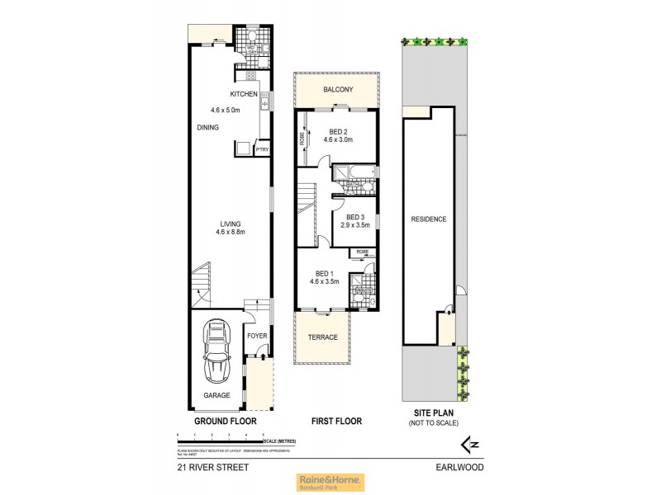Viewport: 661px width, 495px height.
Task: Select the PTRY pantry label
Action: click(262, 149)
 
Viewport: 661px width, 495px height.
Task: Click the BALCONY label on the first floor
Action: click(337, 89)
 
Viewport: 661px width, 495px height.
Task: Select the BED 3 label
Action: click(356, 217)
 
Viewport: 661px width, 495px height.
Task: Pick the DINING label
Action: click(208, 127)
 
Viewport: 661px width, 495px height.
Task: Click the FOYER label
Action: click(257, 336)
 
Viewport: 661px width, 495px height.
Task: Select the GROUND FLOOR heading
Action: click(226, 421)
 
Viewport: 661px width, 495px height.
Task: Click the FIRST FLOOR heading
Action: click(336, 421)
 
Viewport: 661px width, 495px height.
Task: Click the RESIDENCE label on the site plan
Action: click(429, 219)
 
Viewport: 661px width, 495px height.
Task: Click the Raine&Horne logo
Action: click(330, 482)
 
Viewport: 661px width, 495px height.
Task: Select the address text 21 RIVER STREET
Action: click(213, 467)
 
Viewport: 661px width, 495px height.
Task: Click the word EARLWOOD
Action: click(460, 467)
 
